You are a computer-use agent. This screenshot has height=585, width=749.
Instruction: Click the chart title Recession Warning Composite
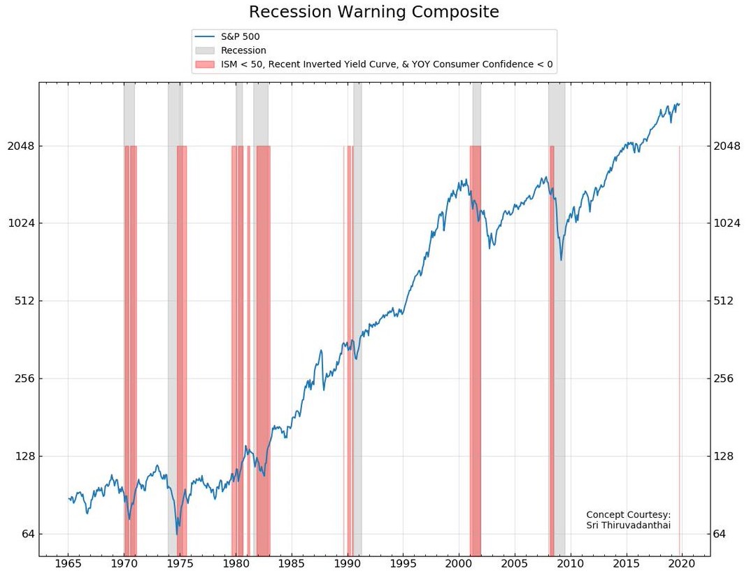pyautogui.click(x=374, y=12)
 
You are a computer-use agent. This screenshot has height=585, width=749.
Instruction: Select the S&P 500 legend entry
pyautogui.click(x=241, y=36)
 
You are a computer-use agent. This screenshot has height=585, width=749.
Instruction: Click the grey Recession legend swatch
pyautogui.click(x=204, y=50)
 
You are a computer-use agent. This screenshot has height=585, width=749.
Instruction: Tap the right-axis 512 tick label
pyautogui.click(x=728, y=301)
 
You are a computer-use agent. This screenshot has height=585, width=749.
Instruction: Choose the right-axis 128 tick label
pyautogui.click(x=728, y=456)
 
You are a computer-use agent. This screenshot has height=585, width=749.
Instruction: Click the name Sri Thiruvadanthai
pyautogui.click(x=628, y=525)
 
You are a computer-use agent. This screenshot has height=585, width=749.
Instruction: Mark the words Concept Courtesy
pyautogui.click(x=628, y=514)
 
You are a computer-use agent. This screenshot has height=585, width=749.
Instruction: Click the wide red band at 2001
pyautogui.click(x=476, y=350)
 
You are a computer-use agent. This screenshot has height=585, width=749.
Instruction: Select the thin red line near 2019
pyautogui.click(x=680, y=350)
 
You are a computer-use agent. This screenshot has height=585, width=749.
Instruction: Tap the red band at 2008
pyautogui.click(x=552, y=350)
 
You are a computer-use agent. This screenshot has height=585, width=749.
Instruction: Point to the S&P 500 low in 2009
pyautogui.click(x=561, y=260)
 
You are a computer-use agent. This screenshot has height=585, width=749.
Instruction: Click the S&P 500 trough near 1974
pyautogui.click(x=177, y=534)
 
